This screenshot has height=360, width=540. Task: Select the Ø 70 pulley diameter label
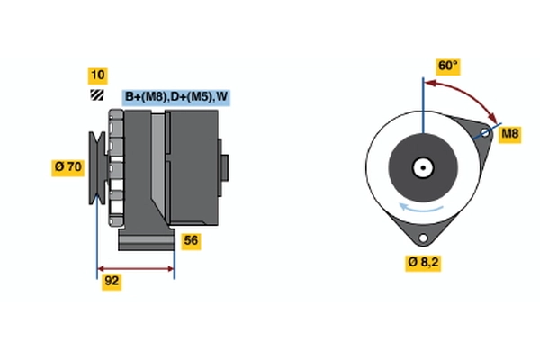tap(67, 166)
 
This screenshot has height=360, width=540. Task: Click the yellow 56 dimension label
tap(191, 240)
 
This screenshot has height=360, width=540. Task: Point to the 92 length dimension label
tap(112, 281)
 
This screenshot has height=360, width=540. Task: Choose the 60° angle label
tap(447, 66)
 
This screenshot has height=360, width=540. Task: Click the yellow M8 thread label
tap(510, 134)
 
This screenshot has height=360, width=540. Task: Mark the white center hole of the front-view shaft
tap(422, 166)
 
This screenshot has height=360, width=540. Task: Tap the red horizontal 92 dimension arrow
tap(136, 268)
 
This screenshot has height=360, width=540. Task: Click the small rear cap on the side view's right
tap(225, 168)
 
